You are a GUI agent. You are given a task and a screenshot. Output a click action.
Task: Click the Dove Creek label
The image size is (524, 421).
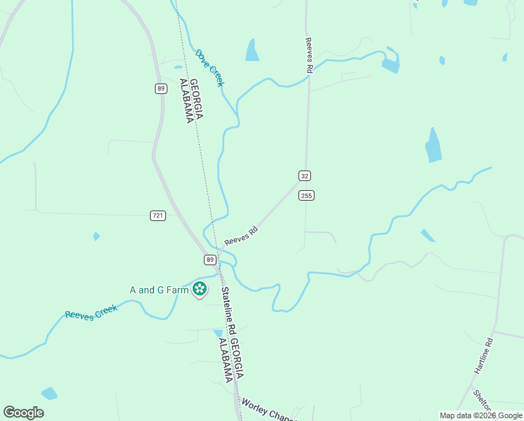coord(210,67)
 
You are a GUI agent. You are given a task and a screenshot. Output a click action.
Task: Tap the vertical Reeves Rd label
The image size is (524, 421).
coord(308,55)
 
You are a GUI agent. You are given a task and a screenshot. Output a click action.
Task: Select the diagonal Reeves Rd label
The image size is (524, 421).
coord(242,236)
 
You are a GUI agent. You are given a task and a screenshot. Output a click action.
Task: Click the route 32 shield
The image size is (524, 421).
coord(304,175)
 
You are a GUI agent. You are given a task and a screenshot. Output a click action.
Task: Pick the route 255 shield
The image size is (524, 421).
coord(306,195)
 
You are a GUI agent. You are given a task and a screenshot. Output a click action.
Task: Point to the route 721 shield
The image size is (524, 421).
coord(158,215)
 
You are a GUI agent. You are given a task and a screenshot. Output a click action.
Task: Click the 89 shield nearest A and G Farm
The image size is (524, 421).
coord(210,260)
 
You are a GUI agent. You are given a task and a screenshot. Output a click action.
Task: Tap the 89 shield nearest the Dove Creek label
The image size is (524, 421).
coord(161,88)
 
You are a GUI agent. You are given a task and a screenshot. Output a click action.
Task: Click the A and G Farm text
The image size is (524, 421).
coord(160,289)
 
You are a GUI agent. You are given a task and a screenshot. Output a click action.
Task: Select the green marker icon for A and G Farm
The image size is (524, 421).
coord(200,288)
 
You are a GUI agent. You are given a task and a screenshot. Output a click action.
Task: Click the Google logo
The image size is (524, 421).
coord(23,413)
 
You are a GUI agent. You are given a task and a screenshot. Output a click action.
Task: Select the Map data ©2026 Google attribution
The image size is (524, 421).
coord(481,415)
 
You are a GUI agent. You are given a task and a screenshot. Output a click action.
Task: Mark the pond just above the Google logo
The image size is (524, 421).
coord(49,393)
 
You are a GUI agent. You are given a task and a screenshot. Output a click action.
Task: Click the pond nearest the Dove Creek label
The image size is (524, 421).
coord(251,50)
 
